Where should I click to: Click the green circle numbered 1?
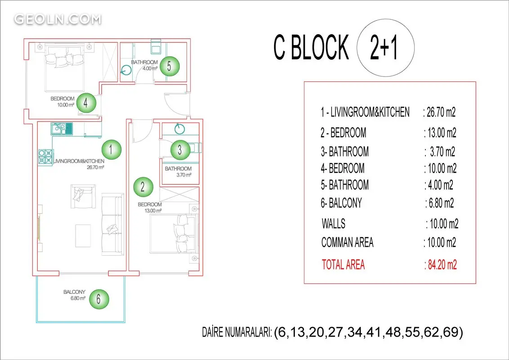(x=112, y=149)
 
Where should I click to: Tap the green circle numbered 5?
(x=169, y=66)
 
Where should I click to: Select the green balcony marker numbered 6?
(x=98, y=299)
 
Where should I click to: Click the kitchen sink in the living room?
(x=61, y=128)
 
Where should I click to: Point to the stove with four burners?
(x=45, y=157)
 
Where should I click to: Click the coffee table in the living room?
(x=83, y=235)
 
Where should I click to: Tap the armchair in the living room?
(x=83, y=197)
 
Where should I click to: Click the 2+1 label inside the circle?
(x=384, y=47)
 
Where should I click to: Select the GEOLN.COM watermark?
(x=58, y=19)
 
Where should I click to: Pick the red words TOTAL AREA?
(x=343, y=265)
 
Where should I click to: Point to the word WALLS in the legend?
(x=333, y=224)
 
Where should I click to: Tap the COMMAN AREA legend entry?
(x=347, y=243)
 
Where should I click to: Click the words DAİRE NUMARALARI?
(x=237, y=333)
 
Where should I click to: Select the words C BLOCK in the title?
(x=311, y=47)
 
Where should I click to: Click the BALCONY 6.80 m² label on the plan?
(x=74, y=295)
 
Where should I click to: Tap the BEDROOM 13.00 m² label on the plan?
(x=150, y=207)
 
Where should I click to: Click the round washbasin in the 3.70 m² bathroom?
(x=179, y=129)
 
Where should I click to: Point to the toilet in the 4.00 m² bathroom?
(x=156, y=47)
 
